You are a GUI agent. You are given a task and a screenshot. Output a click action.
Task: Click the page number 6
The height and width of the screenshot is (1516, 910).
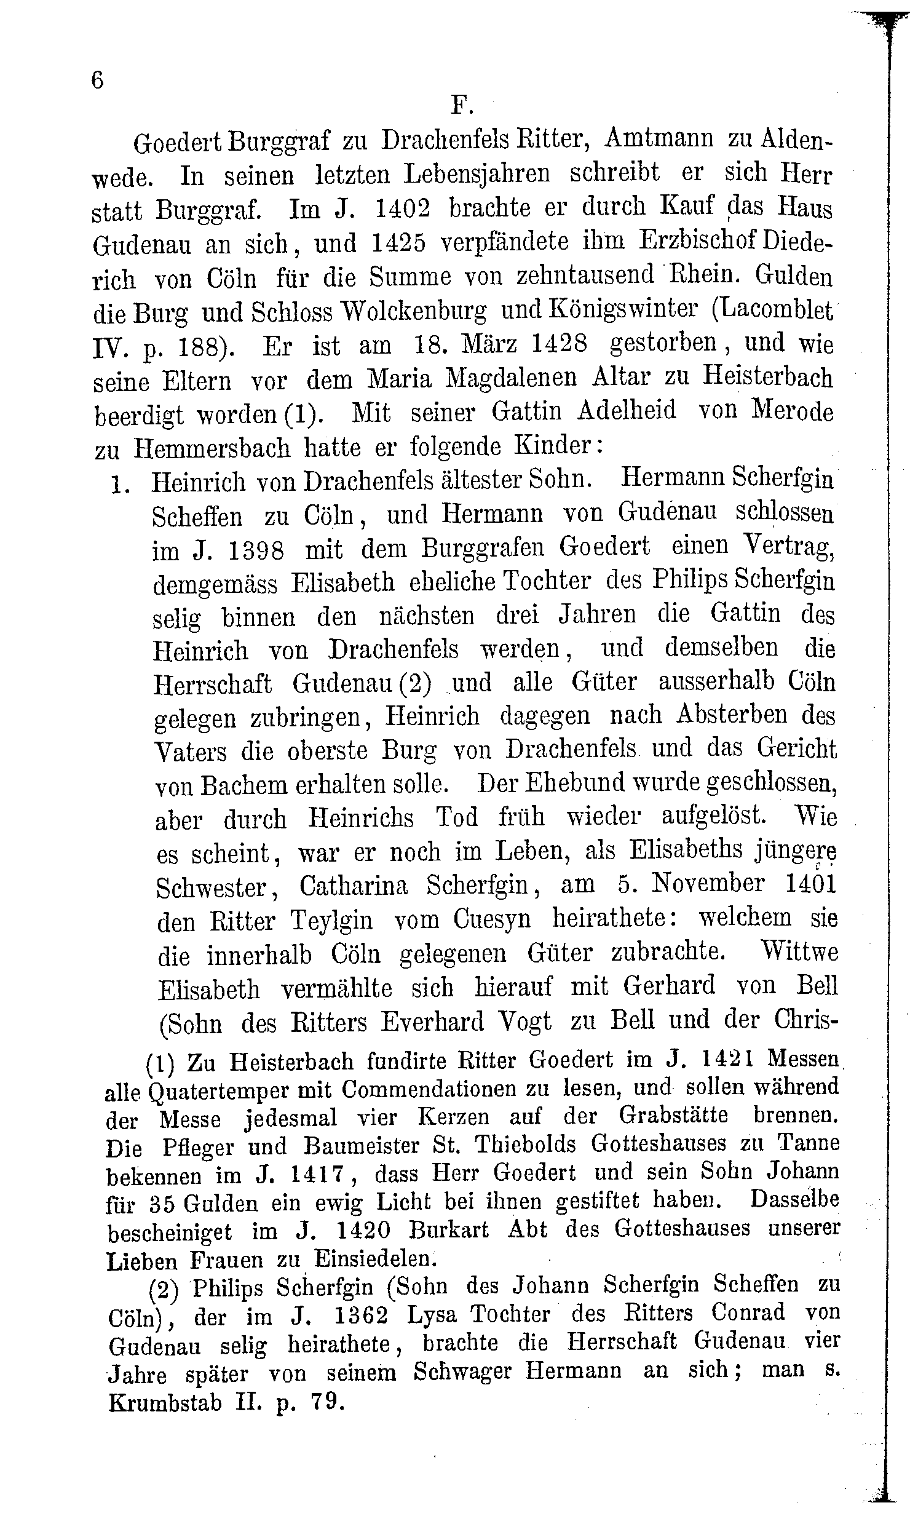tap(97, 81)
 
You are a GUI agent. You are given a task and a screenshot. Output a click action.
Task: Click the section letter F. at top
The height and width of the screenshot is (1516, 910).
tap(462, 106)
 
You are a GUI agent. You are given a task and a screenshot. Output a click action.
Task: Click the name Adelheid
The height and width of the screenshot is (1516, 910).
tap(627, 411)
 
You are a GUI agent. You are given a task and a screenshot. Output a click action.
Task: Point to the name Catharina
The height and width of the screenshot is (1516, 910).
tap(354, 886)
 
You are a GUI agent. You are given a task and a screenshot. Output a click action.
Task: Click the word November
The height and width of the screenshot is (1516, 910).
tap(707, 884)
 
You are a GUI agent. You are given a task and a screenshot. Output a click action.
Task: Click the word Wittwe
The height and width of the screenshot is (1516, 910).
tap(799, 953)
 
